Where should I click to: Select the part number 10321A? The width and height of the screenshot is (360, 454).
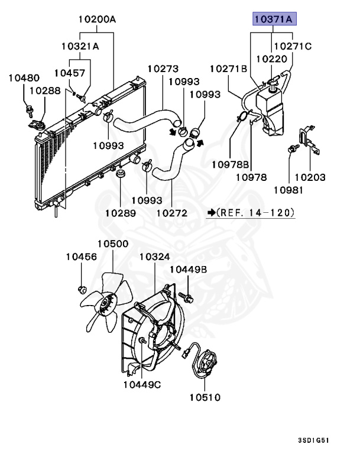(x=79, y=46)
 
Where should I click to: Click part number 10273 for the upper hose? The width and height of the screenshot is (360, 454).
(x=163, y=69)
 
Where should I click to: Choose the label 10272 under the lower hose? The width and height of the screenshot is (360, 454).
(x=171, y=212)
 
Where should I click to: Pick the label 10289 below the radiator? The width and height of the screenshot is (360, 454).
(x=121, y=212)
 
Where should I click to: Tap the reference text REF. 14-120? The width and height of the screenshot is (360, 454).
(x=255, y=212)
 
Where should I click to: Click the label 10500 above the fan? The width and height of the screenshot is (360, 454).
(x=112, y=244)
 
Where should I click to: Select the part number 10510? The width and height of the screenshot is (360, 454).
(x=205, y=397)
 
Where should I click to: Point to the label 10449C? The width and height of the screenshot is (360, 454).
(x=142, y=385)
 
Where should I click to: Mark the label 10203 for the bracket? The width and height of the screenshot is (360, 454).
(x=310, y=177)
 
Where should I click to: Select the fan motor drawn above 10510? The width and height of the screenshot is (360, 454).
(x=205, y=363)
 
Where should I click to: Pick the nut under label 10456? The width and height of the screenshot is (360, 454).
(x=82, y=290)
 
